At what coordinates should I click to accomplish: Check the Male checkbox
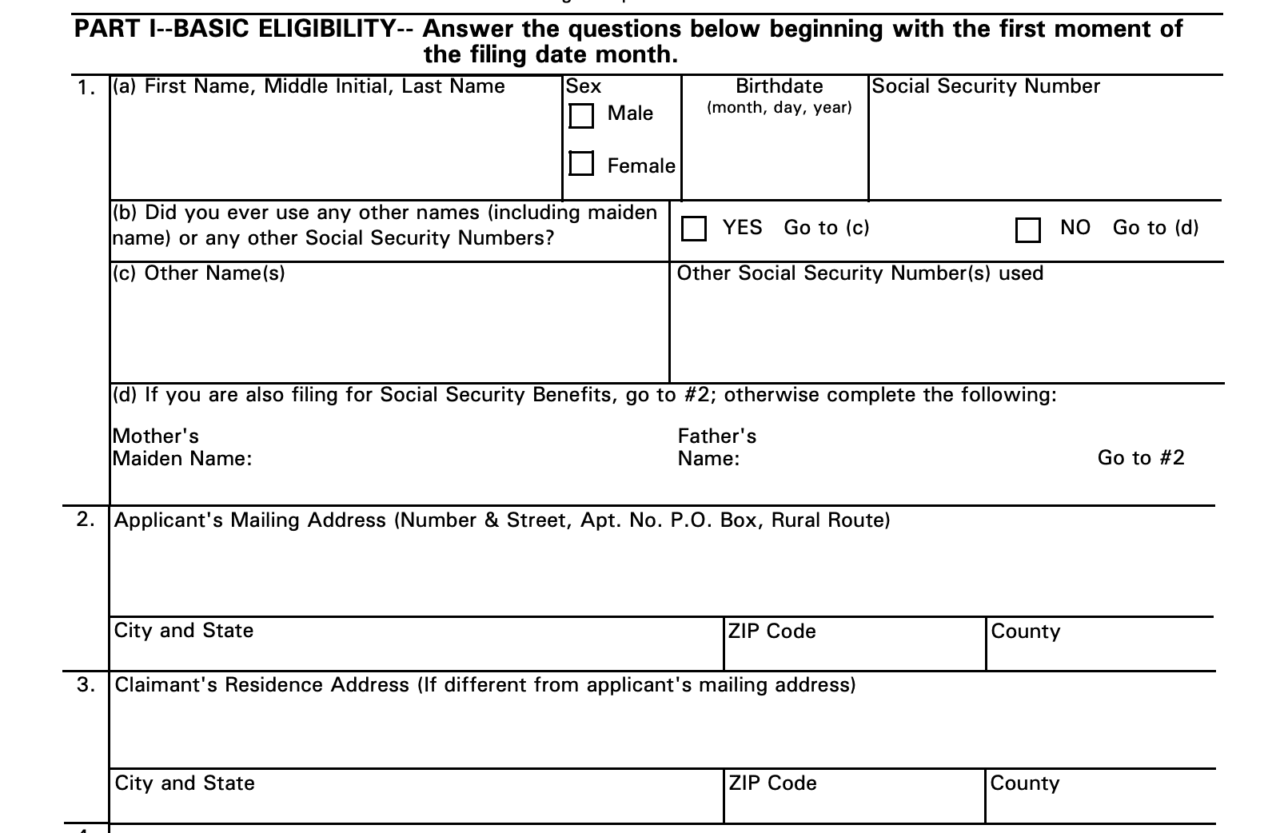click(581, 116)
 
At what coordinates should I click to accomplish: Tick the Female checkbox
click(581, 163)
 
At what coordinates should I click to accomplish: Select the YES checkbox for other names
click(694, 229)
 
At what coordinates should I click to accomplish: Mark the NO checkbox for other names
click(1027, 229)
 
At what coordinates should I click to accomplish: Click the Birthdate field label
click(779, 86)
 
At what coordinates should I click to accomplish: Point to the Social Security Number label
click(986, 86)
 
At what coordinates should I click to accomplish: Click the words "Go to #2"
click(1141, 458)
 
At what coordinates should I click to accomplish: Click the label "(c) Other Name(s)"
click(199, 273)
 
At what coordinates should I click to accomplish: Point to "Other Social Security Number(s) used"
click(860, 273)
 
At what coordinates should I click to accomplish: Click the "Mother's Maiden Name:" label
click(182, 448)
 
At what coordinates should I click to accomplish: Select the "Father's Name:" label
click(716, 448)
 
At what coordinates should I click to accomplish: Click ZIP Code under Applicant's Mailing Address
click(772, 632)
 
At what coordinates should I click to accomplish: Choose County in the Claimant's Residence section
click(1025, 783)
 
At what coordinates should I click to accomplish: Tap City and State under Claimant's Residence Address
click(185, 783)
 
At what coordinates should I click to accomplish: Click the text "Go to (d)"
click(1155, 228)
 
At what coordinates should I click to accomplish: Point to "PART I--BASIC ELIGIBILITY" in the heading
click(234, 30)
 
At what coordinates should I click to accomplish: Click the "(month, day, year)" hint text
click(780, 108)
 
